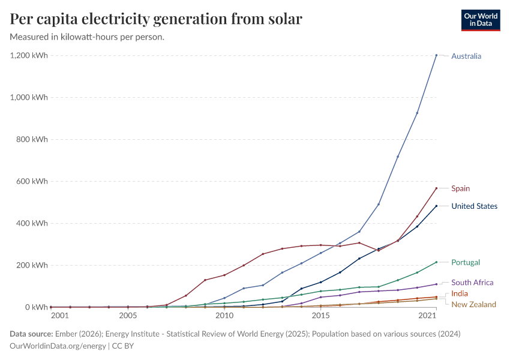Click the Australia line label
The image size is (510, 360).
click(x=466, y=56)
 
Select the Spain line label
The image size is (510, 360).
click(x=460, y=188)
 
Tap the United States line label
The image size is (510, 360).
click(x=474, y=206)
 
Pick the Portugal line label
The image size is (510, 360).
click(x=466, y=263)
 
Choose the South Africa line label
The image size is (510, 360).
click(x=472, y=283)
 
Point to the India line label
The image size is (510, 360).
click(x=460, y=293)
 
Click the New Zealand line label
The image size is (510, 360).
click(x=473, y=304)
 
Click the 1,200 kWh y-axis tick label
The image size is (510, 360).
click(x=29, y=56)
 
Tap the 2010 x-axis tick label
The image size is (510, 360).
click(x=224, y=316)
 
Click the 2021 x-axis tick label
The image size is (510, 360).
click(x=427, y=316)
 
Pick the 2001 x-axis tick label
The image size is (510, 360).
click(x=59, y=316)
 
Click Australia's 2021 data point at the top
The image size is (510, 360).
click(x=436, y=55)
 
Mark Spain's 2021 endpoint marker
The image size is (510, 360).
click(x=436, y=188)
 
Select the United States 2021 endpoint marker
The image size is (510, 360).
click(x=436, y=206)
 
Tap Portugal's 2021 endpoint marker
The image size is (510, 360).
click(x=436, y=262)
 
